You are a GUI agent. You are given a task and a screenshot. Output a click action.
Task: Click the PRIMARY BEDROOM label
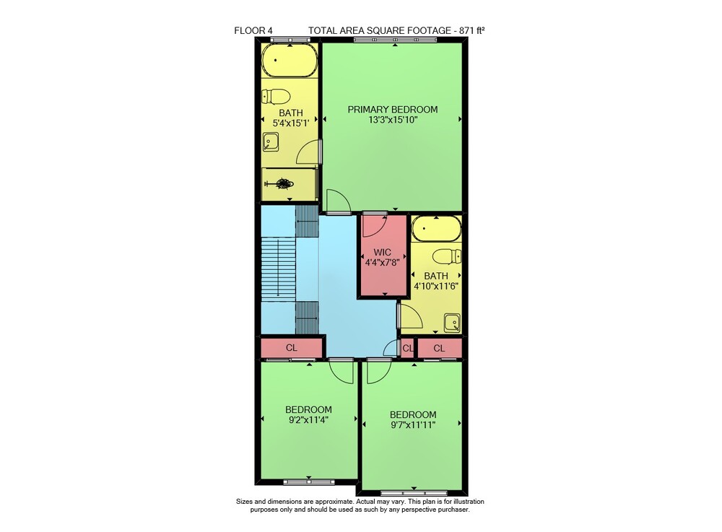(392, 110)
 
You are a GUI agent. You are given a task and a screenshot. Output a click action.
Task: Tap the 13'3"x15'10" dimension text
(392, 120)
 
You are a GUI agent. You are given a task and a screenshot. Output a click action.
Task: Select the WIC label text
(382, 252)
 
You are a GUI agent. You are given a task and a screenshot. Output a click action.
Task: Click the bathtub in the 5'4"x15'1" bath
(290, 61)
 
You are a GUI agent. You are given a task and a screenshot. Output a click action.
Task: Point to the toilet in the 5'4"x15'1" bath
(276, 97)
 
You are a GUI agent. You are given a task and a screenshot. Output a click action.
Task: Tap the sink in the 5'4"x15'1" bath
(270, 141)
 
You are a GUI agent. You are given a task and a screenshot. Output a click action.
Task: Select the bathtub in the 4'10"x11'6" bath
(436, 229)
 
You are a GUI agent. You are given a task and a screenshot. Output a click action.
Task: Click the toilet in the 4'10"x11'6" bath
(447, 256)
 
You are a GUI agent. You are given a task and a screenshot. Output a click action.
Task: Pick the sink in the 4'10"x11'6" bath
(452, 323)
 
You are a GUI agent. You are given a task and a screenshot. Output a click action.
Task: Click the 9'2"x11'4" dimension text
(308, 419)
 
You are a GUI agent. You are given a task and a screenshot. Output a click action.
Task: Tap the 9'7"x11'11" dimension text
(413, 424)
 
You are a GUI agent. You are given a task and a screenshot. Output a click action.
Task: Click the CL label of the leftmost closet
(292, 347)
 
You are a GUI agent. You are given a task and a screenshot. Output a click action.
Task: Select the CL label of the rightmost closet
(439, 349)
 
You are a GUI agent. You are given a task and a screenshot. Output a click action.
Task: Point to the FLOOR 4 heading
(253, 31)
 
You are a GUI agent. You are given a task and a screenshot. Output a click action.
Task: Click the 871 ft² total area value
(472, 30)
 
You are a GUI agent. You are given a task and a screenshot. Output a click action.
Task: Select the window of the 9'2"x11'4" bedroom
(308, 482)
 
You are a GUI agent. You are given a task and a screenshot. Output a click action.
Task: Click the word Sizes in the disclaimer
(244, 502)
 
